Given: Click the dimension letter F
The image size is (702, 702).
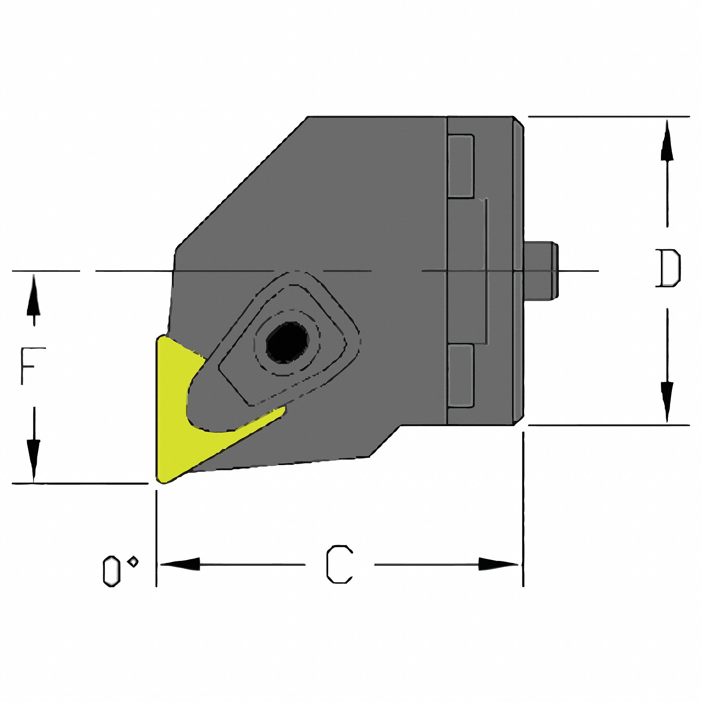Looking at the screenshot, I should click(32, 366).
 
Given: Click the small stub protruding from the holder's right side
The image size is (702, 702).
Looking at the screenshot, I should click(541, 271).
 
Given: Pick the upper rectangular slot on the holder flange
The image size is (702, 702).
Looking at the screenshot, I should click(461, 166).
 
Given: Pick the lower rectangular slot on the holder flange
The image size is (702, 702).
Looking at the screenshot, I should click(461, 376).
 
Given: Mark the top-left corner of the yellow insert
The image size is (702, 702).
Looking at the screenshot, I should click(159, 338).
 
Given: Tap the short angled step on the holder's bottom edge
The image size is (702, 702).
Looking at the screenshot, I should click(385, 441).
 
